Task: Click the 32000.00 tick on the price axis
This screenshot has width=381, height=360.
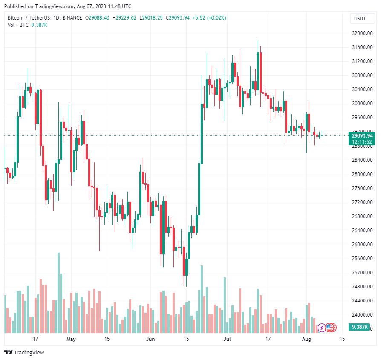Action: coord(361,33)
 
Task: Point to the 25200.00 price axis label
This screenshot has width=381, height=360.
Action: coord(361,273)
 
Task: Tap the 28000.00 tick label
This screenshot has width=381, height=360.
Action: coord(361,174)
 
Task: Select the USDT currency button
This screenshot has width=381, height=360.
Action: coord(361,18)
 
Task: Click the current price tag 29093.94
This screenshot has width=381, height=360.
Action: coord(361,135)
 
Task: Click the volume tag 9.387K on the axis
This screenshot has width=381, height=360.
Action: coord(361,327)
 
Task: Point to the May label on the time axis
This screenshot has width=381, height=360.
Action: coord(71,340)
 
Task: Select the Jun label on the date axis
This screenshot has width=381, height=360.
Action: coord(150,340)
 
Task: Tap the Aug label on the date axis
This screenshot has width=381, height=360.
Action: coord(307,340)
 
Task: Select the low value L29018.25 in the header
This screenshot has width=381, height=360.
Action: coord(151,18)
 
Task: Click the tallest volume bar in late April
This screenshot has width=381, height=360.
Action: coord(58,293)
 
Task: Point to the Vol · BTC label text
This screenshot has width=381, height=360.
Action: coord(17,25)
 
